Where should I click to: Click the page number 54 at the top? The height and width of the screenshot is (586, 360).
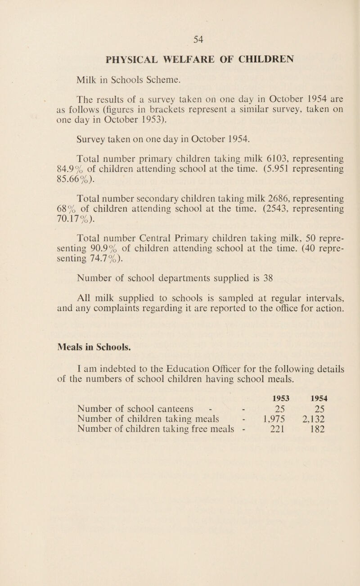198,39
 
